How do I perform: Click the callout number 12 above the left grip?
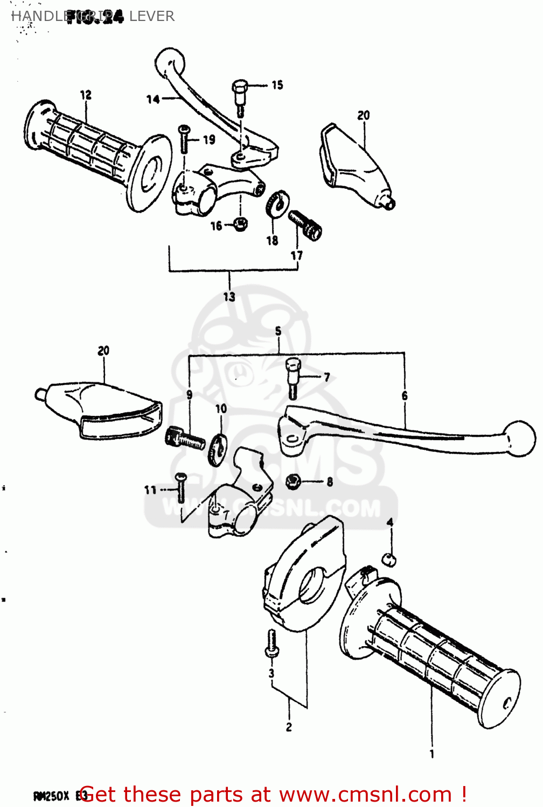click(86, 95)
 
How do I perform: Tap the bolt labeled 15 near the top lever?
click(240, 97)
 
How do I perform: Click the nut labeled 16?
click(241, 224)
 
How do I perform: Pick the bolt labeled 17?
click(305, 225)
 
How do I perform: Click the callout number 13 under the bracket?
click(229, 296)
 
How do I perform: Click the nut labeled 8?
click(293, 480)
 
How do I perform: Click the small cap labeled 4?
click(389, 559)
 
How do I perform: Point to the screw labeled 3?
click(272, 644)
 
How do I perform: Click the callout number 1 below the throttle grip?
click(431, 754)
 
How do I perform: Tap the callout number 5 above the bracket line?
click(278, 331)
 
